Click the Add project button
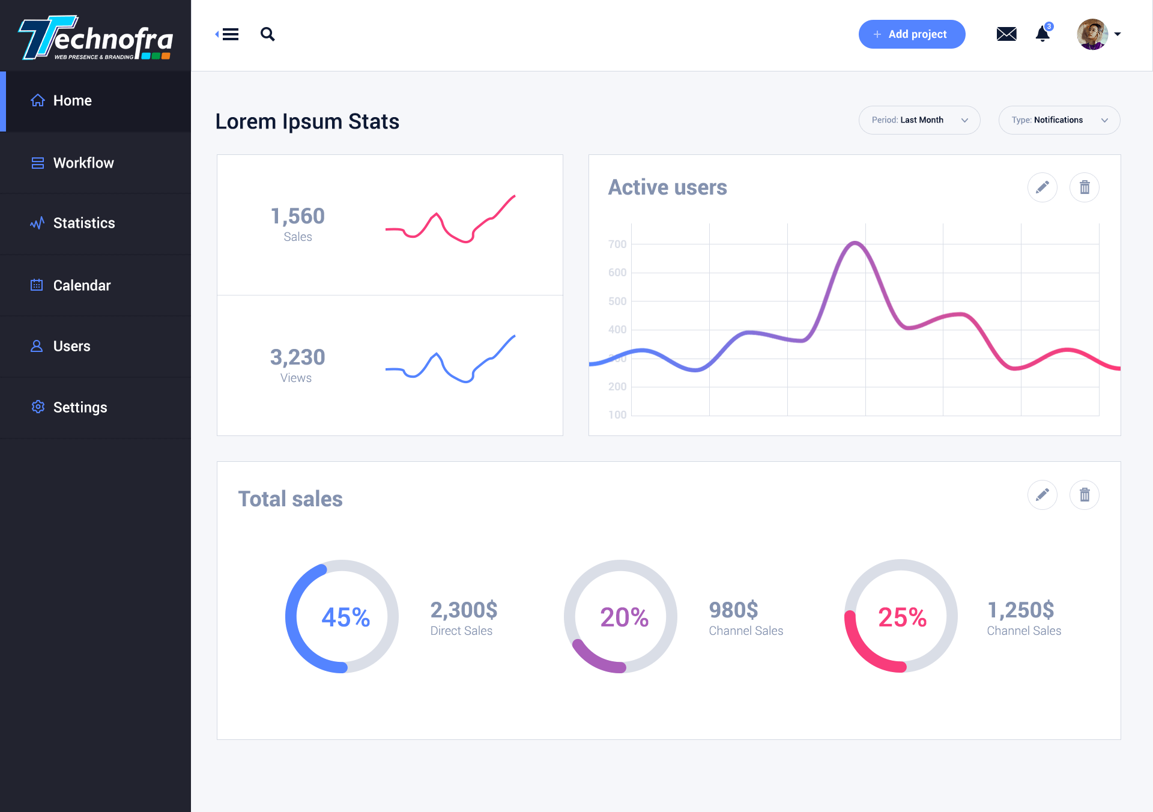click(912, 34)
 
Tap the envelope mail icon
click(1006, 34)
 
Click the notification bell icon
click(1043, 34)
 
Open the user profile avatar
click(1092, 34)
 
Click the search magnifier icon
click(268, 34)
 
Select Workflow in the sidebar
click(83, 163)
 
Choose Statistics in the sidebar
click(83, 223)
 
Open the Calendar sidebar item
click(82, 285)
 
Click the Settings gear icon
click(38, 407)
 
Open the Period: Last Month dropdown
click(919, 120)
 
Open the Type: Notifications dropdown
click(1059, 120)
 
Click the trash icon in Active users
click(1085, 187)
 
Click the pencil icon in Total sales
click(1043, 495)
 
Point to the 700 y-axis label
click(617, 244)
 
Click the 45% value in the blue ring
click(345, 617)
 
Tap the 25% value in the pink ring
click(902, 617)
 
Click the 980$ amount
click(733, 610)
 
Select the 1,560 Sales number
click(297, 216)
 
